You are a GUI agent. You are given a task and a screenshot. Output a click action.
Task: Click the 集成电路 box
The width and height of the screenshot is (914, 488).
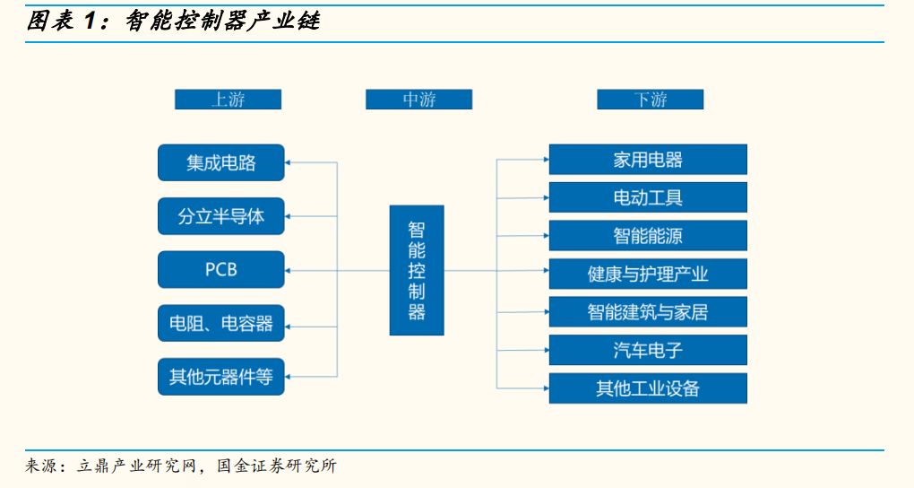pyautogui.click(x=220, y=162)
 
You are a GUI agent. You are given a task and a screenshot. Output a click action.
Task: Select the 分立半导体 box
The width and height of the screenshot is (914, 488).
pyautogui.click(x=220, y=216)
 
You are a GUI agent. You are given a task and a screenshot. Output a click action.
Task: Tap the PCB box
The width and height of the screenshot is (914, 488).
pyautogui.click(x=220, y=269)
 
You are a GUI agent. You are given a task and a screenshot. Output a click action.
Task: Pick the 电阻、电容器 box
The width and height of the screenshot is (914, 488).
pyautogui.click(x=220, y=323)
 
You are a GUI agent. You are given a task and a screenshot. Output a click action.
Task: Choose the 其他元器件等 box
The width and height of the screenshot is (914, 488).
pyautogui.click(x=220, y=376)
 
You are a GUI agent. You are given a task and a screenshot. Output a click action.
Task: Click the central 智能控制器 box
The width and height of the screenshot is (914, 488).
pyautogui.click(x=417, y=270)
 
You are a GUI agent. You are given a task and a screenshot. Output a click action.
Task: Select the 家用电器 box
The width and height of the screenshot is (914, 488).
pyautogui.click(x=647, y=160)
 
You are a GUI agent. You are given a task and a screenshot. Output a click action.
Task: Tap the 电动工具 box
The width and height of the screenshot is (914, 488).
pyautogui.click(x=647, y=197)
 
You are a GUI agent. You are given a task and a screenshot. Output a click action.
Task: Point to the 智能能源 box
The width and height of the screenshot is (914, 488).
pyautogui.click(x=647, y=236)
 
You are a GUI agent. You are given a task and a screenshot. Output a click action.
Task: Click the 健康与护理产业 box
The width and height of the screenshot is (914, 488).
pyautogui.click(x=647, y=274)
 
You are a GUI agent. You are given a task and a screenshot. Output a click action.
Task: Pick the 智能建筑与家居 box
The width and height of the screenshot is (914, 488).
pyautogui.click(x=647, y=312)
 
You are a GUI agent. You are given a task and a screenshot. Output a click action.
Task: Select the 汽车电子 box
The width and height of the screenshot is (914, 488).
pyautogui.click(x=647, y=350)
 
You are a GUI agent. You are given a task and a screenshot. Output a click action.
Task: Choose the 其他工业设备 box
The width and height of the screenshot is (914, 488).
pyautogui.click(x=647, y=388)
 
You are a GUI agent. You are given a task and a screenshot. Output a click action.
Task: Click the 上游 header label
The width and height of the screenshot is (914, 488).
pyautogui.click(x=228, y=100)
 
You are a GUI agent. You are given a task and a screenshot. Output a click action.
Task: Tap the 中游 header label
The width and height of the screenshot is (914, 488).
pyautogui.click(x=418, y=100)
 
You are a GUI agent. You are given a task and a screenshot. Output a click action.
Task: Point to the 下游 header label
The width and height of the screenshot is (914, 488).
pyautogui.click(x=650, y=100)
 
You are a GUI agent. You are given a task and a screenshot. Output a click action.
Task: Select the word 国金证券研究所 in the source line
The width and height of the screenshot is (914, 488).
pyautogui.click(x=278, y=466)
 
